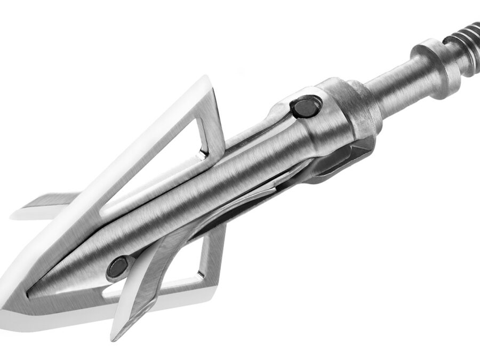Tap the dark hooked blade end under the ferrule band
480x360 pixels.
pos(341,160)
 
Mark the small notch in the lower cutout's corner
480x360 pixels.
pos(199,275)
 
